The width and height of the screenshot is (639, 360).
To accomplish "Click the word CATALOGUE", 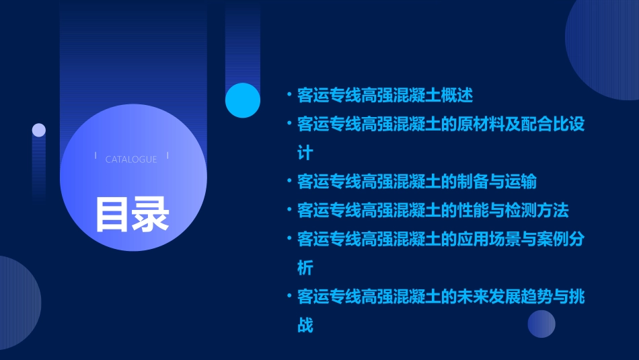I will click(131, 159).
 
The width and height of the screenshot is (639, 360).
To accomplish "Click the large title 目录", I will click(132, 214).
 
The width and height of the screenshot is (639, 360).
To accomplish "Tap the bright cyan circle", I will click(243, 100).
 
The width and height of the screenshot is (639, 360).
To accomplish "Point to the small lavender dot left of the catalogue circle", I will click(39, 130).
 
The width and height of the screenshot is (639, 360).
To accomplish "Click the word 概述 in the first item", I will click(457, 96).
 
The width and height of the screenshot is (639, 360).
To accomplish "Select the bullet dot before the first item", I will click(289, 96).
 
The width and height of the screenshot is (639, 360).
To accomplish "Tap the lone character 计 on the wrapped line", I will click(305, 153).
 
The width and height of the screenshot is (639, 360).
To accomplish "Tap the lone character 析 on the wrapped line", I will click(305, 268).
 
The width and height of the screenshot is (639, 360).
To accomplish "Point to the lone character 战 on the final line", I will click(305, 326).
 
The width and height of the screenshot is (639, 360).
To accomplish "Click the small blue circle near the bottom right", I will click(541, 324).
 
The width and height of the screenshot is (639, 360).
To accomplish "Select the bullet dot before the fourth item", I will click(289, 211).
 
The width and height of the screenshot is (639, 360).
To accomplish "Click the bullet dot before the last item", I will click(289, 297).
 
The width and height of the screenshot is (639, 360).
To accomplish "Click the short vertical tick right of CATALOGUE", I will click(167, 156).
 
